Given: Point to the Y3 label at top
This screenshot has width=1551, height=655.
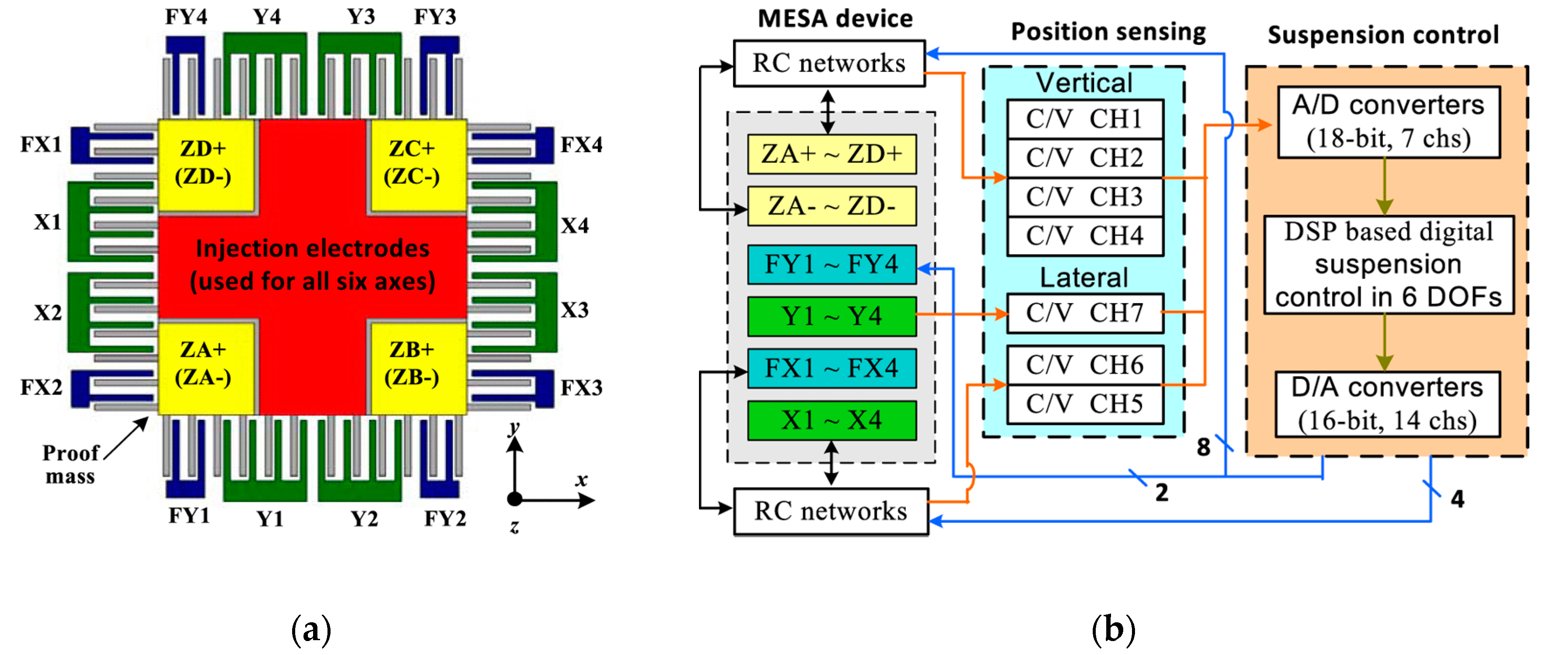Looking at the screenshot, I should [361, 17].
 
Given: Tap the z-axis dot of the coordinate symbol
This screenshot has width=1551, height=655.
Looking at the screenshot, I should [514, 499].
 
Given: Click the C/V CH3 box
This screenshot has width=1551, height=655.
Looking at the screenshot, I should [1084, 197].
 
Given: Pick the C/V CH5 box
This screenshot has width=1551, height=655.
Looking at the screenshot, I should [1084, 404].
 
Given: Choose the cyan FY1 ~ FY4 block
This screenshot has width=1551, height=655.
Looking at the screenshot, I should [832, 264].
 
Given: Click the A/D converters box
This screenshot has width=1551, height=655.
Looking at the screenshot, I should [1388, 122].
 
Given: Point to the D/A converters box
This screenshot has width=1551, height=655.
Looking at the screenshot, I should [1387, 404].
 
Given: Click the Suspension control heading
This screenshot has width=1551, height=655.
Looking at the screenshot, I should [1383, 35].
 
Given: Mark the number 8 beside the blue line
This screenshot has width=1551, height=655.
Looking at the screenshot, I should [1203, 447].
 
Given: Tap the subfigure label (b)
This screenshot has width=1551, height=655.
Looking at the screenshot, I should [1113, 630].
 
